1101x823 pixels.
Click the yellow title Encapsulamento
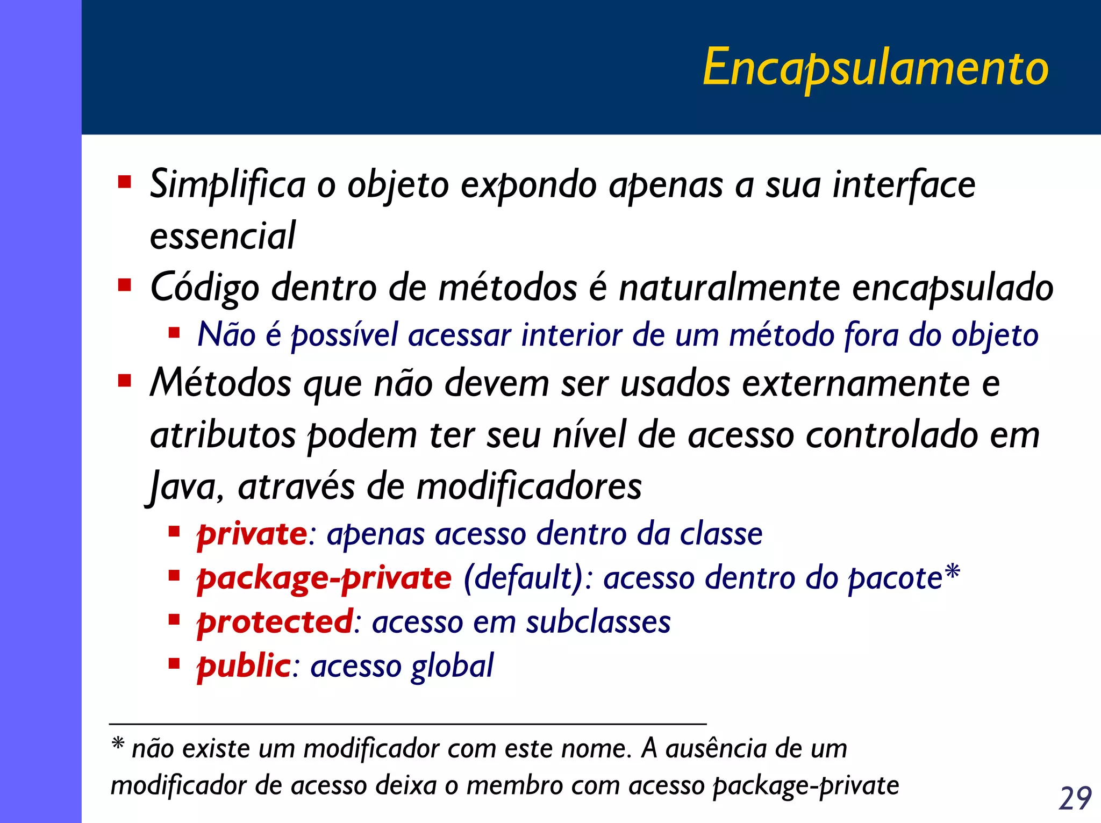click(875, 68)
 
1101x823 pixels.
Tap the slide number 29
click(1075, 798)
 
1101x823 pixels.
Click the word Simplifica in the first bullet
click(227, 185)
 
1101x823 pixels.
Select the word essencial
click(223, 236)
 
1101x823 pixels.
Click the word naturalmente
click(729, 287)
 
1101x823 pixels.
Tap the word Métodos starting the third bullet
click(220, 383)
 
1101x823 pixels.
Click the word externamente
click(856, 383)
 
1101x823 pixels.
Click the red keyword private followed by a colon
click(252, 534)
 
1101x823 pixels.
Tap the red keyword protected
click(275, 622)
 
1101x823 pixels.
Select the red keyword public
click(244, 667)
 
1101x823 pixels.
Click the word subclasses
click(598, 622)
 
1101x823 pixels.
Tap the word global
click(452, 667)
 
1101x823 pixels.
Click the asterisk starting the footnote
click(118, 744)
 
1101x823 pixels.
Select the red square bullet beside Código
click(125, 284)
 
